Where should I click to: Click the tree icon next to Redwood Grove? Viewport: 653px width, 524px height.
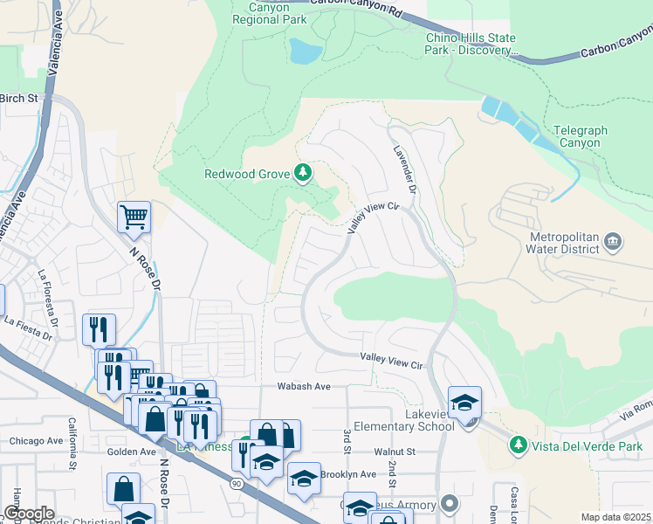click(x=303, y=174)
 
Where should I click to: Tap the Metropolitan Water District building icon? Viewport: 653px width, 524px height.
click(x=612, y=240)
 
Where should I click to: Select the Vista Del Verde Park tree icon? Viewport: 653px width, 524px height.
click(x=519, y=445)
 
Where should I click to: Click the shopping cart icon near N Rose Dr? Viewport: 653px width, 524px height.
click(x=134, y=216)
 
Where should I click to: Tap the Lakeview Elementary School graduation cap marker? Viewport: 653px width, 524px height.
click(x=464, y=401)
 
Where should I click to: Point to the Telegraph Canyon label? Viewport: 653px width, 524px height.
click(x=577, y=136)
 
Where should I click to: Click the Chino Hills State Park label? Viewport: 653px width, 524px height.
click(x=470, y=44)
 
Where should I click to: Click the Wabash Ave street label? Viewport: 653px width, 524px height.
click(x=304, y=385)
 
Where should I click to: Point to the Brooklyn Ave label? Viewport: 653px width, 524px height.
click(x=347, y=474)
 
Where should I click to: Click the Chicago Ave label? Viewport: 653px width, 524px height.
click(x=37, y=441)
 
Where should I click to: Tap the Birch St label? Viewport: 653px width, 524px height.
click(x=19, y=98)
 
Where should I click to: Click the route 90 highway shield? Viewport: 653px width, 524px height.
click(x=237, y=482)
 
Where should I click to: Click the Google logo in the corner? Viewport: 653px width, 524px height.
click(x=28, y=514)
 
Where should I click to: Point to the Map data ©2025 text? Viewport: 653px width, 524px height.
click(x=615, y=517)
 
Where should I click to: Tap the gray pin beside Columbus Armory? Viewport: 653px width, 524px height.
click(x=450, y=504)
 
